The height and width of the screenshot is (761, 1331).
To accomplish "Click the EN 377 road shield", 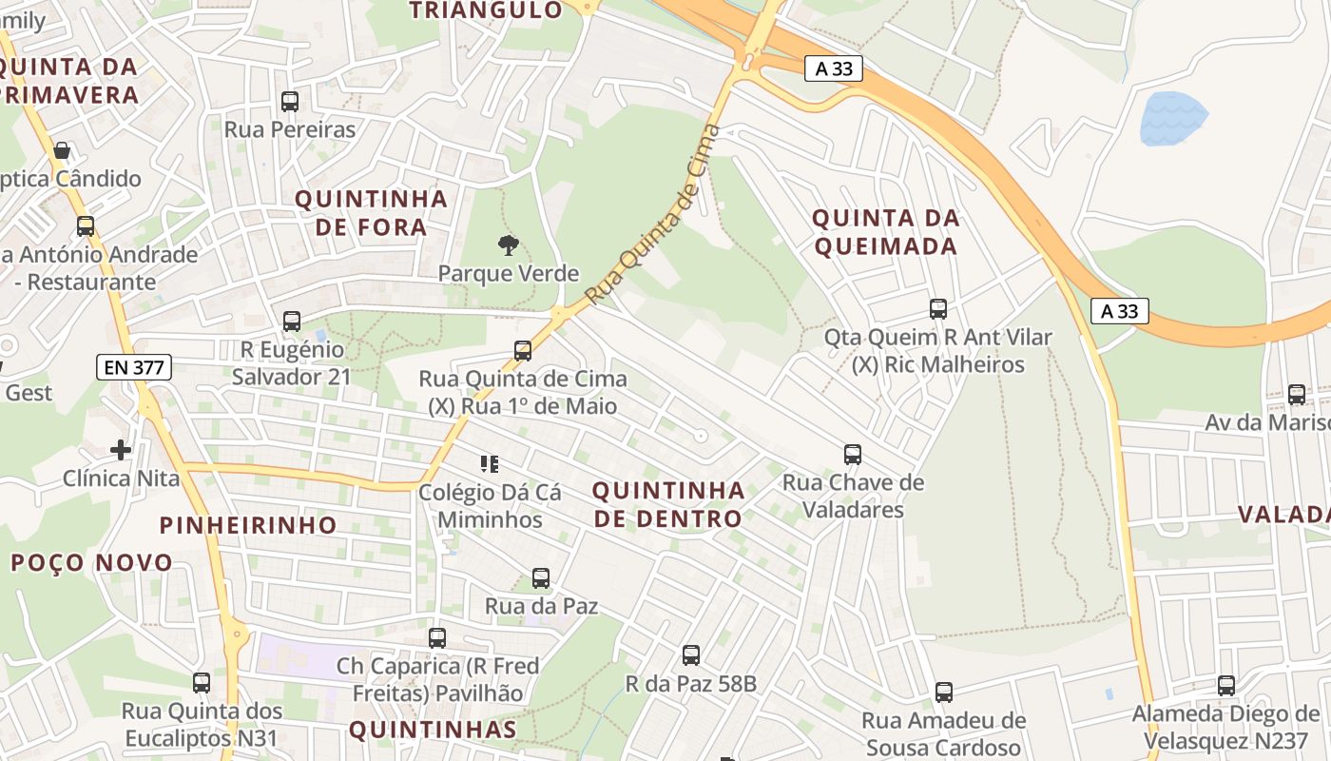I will (x=133, y=367).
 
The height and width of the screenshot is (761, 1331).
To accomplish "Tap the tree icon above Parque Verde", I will (x=509, y=245).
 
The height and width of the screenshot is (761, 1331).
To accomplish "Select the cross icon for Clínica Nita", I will (x=121, y=449).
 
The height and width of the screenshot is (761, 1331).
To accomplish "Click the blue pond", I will (x=1172, y=118).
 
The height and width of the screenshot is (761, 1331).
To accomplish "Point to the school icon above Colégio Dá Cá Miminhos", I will (x=490, y=464).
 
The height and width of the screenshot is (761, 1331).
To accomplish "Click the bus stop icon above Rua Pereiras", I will (x=290, y=101).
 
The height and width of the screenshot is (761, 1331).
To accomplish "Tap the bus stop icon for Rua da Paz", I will (x=541, y=577).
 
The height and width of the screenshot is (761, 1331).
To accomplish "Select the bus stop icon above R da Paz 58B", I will (x=691, y=654).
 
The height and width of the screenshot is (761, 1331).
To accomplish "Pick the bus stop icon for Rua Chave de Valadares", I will (x=853, y=455).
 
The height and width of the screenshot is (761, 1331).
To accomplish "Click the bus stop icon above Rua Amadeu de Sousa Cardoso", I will (x=943, y=692).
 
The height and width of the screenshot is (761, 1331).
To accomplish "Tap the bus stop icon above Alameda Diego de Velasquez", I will (x=1226, y=685).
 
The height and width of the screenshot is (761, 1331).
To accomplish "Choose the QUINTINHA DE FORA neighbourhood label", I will (x=371, y=213).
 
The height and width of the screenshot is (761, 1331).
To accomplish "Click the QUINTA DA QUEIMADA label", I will (x=885, y=232).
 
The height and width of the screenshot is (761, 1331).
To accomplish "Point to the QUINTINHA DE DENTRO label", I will (x=668, y=504).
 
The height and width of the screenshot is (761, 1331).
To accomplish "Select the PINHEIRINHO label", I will (x=248, y=525).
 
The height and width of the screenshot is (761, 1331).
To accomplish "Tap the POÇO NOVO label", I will (x=91, y=562).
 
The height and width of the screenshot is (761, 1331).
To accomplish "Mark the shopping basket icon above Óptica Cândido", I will (x=62, y=150).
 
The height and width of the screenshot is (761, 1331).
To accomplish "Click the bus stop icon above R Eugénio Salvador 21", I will (x=292, y=322).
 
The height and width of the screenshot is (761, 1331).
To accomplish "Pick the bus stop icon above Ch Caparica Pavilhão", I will (x=437, y=637).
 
